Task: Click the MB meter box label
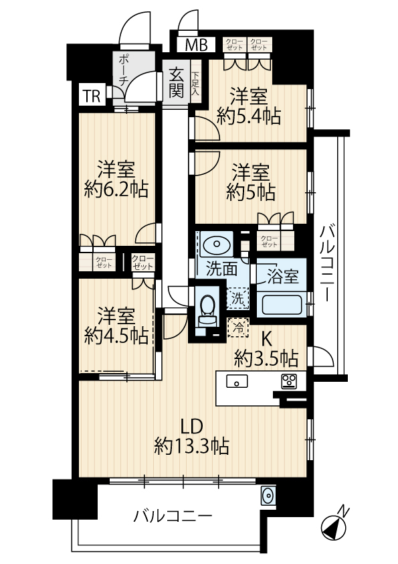(197, 45)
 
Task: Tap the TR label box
(92, 96)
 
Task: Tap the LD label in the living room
(191, 427)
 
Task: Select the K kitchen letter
(266, 338)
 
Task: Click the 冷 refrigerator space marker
(237, 328)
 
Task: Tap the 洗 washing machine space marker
(237, 298)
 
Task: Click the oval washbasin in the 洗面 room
(216, 244)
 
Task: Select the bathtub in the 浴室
(282, 305)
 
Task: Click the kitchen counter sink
(237, 381)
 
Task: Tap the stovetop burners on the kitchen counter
(289, 382)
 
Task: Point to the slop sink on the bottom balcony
(268, 496)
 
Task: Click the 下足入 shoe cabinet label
(195, 84)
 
